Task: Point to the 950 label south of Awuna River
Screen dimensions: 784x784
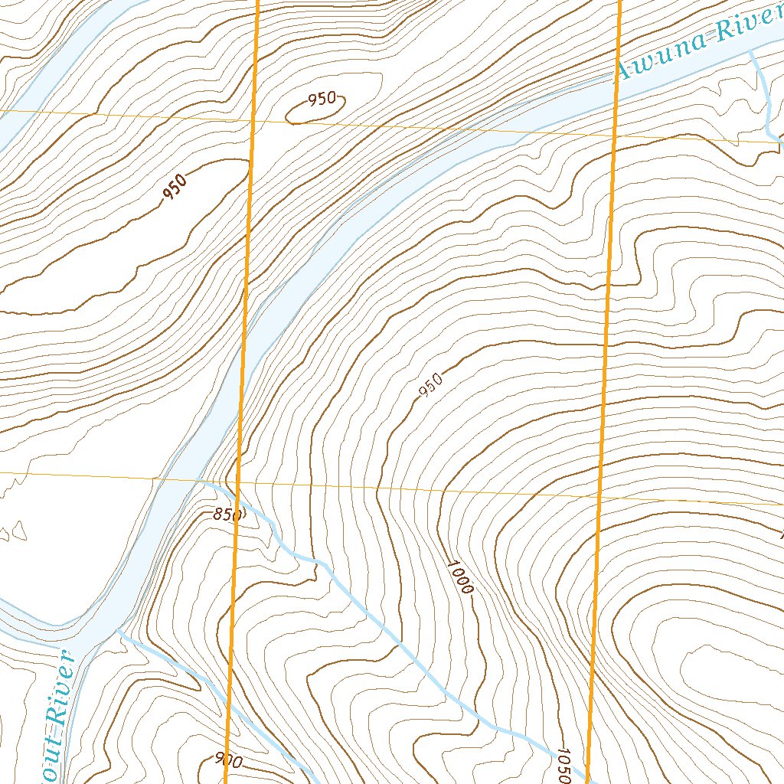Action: (432, 386)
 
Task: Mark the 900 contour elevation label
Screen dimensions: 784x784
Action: (229, 761)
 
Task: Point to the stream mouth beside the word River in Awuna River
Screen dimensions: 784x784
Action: (751, 52)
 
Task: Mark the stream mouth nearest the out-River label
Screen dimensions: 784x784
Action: (119, 631)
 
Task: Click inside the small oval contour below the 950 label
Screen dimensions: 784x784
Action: (314, 113)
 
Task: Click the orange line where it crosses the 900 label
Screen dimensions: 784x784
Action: (228, 761)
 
